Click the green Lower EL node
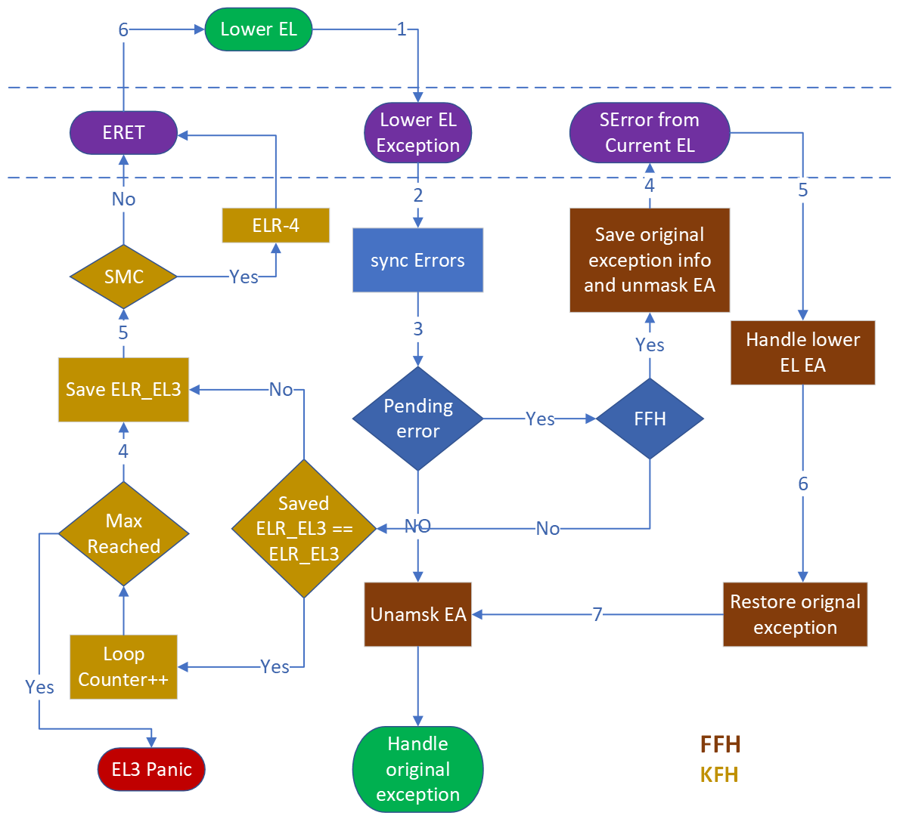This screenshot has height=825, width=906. coord(259,29)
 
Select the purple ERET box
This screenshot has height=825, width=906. coord(123,133)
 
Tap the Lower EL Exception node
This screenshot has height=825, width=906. coord(417,133)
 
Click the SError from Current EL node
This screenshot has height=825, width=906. coord(649,133)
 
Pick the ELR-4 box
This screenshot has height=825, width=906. coord(275,225)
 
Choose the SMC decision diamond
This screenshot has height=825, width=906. coord(123,277)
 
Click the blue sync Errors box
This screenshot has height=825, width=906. coord(417,261)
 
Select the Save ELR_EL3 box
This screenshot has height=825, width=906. coord(123,390)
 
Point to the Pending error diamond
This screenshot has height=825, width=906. coord(417,419)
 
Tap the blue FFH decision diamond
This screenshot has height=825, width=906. coord(650,419)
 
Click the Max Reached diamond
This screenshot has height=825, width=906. coord(123,533)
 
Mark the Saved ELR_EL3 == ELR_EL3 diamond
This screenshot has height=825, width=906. coord(303,529)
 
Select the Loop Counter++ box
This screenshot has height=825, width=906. coord(123,666)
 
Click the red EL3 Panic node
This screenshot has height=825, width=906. coord(151,769)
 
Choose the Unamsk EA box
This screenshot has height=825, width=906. coord(417,614)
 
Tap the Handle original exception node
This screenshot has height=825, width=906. coord(417,769)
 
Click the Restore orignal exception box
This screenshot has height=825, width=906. coord(795,614)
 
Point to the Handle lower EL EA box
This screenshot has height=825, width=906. coord(802,353)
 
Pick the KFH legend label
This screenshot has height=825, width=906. coord(718,775)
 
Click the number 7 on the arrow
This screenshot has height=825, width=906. coord(597,614)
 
